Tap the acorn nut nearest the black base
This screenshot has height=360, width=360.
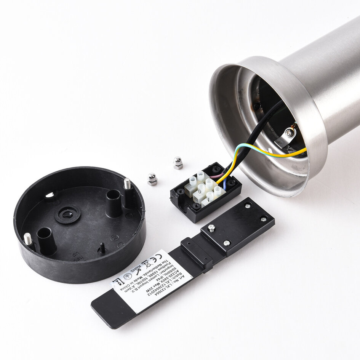pos(152,179)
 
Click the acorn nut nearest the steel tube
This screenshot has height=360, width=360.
pos(178,163)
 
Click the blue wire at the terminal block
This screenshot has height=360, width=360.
pos(226,186)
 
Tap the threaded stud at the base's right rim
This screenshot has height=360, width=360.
pos(127,184)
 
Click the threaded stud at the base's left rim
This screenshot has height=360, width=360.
pos(27,239)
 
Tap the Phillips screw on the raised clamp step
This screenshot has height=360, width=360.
pos(212,228)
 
